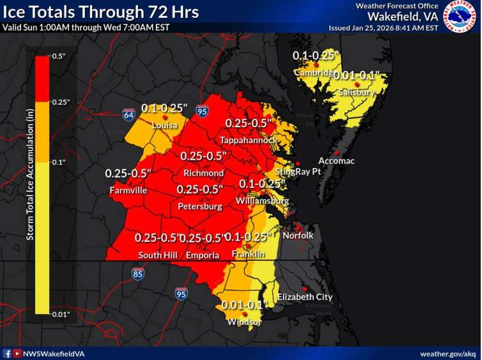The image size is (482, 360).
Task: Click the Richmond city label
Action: pos(203,173)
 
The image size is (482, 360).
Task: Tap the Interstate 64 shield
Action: pos(129,114)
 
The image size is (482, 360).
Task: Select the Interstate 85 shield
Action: pos(139,274)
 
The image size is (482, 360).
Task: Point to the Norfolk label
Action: pos(299,235)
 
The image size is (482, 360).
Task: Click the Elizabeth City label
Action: pos(304,297)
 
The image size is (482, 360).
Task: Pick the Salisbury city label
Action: pos(357,93)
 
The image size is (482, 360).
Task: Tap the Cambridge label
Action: pos(313,73)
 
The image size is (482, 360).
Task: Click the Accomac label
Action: pos(336,161)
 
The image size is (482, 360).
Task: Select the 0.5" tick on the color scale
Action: pos(59,57)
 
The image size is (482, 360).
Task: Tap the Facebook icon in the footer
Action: pos(7,354)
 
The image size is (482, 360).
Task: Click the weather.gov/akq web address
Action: pos(447,354)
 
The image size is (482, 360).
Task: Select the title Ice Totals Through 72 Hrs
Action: pos(102,12)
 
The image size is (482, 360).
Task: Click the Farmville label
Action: pos(128,191)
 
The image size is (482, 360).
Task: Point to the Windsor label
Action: pos(244,322)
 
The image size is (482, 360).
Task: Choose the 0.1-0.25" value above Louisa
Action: pos(164,107)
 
